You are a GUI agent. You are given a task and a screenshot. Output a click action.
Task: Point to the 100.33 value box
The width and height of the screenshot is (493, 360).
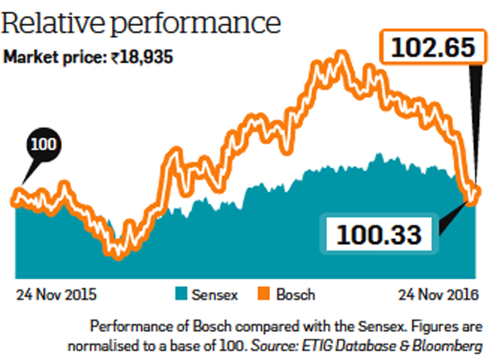tap(380, 232)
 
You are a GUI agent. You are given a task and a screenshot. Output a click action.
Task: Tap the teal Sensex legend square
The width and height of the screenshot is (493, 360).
tap(178, 295)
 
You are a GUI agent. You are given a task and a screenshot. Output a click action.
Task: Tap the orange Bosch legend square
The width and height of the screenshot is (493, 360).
tap(262, 295)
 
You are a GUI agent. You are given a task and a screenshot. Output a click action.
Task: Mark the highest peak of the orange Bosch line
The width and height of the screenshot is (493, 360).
tap(340, 56)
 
